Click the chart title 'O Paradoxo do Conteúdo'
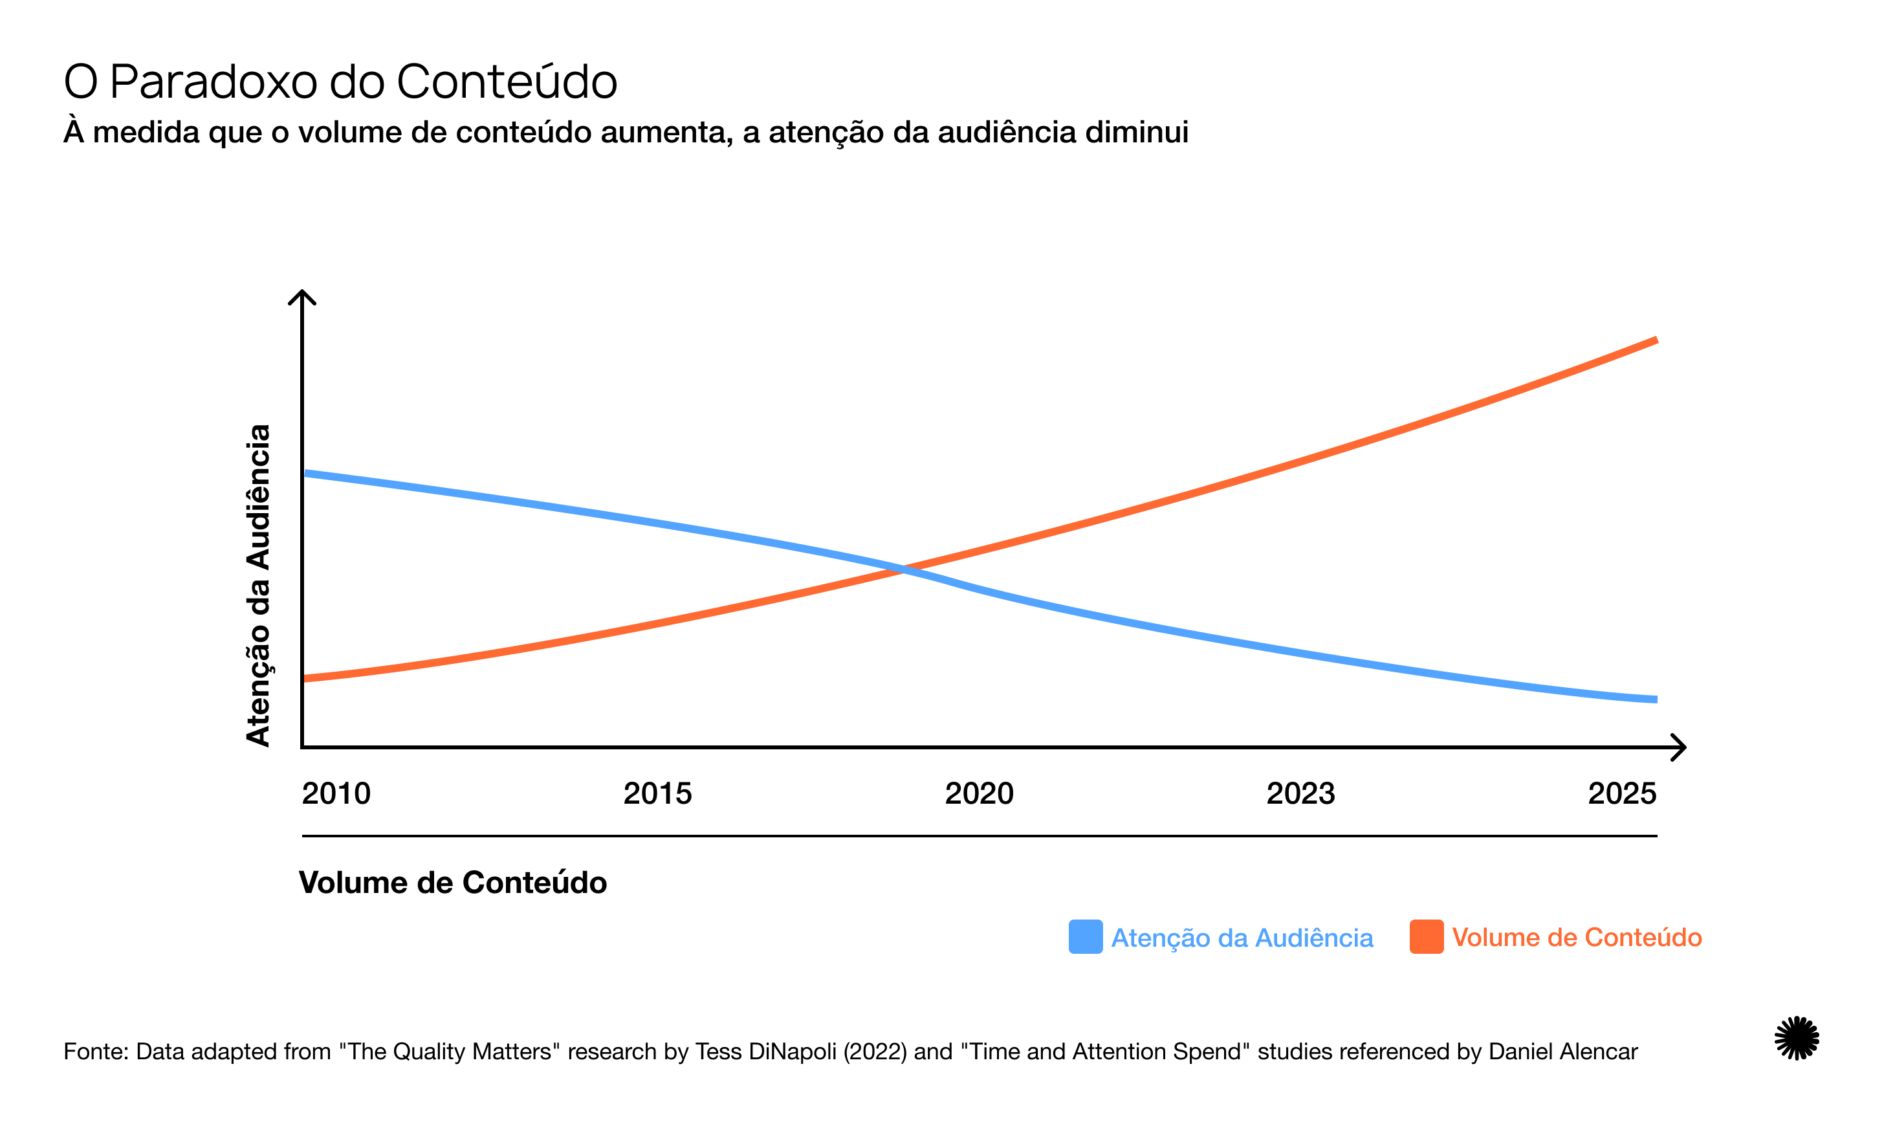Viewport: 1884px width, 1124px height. [340, 81]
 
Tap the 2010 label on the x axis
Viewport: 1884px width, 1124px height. [336, 794]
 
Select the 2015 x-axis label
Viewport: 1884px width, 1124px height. [657, 794]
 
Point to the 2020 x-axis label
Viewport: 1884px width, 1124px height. [979, 794]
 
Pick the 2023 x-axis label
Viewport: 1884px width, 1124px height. [1300, 794]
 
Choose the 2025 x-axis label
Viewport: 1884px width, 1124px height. [1622, 794]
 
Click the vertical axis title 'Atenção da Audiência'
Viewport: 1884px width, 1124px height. [258, 586]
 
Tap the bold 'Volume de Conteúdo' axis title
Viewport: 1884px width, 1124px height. [453, 883]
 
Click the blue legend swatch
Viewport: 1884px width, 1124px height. [1085, 937]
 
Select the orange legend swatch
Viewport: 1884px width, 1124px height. [1426, 937]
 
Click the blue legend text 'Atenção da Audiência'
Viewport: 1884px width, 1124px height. [1242, 938]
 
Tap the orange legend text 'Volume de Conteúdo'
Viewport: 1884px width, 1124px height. [1577, 938]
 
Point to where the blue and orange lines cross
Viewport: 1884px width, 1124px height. [903, 569]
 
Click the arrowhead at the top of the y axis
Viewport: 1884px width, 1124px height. [302, 294]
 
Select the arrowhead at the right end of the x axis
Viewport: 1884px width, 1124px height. [1680, 747]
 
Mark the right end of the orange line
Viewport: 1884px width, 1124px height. [1656, 341]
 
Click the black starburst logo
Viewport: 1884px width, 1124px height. [1796, 1038]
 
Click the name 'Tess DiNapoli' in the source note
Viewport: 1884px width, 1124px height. [766, 1052]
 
